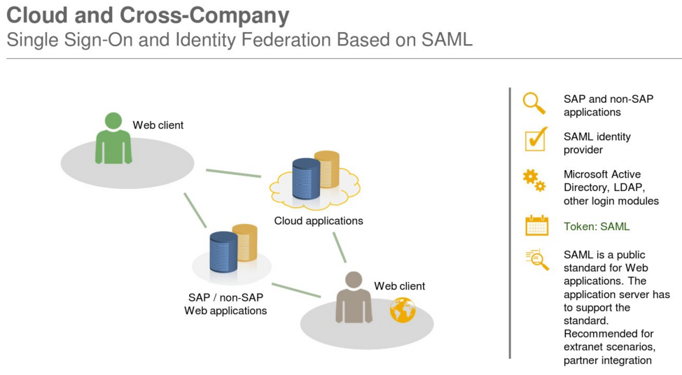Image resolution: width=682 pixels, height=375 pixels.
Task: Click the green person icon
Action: (113, 138)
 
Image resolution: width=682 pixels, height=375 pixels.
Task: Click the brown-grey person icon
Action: (354, 297)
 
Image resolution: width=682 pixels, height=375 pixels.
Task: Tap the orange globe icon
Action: (403, 310)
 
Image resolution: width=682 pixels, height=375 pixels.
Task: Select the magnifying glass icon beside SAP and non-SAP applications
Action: (534, 104)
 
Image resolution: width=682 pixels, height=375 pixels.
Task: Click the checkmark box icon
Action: (536, 139)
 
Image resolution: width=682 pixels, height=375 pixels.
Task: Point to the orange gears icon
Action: (534, 181)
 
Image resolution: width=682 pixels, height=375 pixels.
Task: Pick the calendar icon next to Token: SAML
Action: (537, 225)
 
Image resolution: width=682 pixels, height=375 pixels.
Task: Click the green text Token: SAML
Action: (597, 227)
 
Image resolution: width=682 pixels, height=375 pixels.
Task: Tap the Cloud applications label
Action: (319, 221)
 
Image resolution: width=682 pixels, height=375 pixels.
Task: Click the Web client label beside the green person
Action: (158, 125)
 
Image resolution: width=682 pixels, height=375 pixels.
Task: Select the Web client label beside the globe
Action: (399, 286)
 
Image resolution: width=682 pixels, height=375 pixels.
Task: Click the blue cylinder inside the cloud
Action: (306, 178)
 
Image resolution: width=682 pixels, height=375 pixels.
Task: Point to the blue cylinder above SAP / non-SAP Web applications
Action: (223, 252)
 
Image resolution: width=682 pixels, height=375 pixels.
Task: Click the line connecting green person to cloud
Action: (233, 174)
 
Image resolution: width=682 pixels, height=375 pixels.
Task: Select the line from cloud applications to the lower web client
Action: (340, 247)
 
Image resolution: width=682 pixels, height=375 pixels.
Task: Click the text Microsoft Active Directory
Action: (602, 181)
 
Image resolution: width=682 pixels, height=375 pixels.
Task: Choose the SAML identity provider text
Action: (597, 143)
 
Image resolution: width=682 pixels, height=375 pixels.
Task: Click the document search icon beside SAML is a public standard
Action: (537, 260)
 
